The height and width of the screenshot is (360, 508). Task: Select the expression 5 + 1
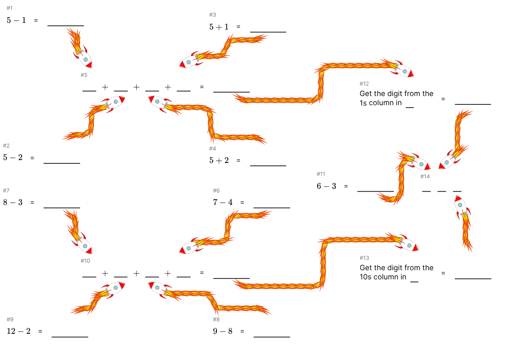(x=219, y=27)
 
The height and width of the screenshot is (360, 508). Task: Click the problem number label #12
(x=364, y=84)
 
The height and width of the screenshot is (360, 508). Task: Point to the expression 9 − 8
(x=222, y=331)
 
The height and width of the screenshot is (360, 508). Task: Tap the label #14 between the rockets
(x=425, y=176)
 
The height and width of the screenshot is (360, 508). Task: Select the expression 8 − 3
(x=13, y=202)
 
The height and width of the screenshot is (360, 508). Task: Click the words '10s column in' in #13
(x=383, y=277)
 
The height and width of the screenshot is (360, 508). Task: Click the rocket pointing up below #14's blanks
(x=460, y=207)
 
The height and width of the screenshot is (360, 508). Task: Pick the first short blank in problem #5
(x=89, y=88)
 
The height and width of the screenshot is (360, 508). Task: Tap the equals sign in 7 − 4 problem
(x=242, y=202)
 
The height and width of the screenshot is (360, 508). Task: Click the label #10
(x=85, y=261)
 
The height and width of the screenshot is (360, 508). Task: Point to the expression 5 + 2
(x=219, y=160)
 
